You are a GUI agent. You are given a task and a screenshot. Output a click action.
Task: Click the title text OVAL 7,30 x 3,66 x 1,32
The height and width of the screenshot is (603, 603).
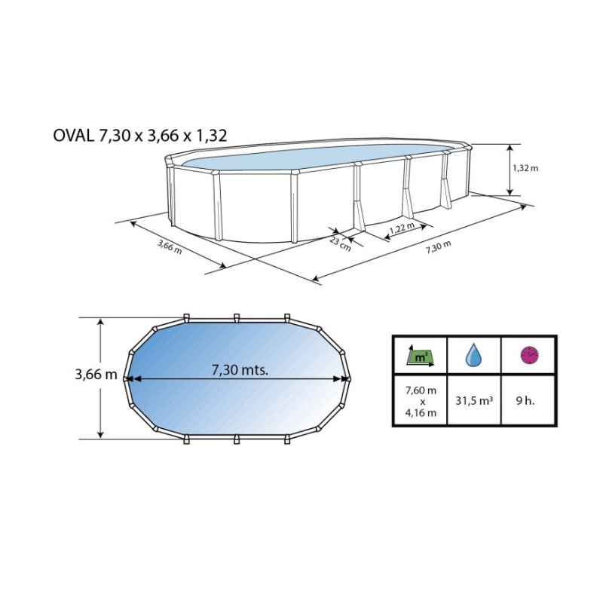[x=140, y=136]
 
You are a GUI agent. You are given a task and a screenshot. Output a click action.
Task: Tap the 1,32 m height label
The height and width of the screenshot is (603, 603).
[x=525, y=168]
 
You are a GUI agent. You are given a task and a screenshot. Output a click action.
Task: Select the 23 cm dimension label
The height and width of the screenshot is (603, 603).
[x=340, y=243]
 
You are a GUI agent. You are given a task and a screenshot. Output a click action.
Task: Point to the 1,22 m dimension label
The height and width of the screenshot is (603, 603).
[x=402, y=228]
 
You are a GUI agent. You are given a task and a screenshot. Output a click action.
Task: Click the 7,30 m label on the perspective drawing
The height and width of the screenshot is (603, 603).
[x=439, y=247]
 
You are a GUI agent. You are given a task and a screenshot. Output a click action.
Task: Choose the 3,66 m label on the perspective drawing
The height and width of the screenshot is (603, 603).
[x=170, y=246]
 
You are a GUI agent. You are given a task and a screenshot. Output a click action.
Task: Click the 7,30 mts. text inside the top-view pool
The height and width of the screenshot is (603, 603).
[x=240, y=369]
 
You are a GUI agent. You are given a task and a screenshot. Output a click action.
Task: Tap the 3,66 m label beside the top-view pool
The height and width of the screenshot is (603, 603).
[x=96, y=374]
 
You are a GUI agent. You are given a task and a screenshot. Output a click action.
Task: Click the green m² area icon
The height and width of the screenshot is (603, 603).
[x=421, y=355]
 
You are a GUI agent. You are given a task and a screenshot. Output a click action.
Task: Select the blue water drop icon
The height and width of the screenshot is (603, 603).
[x=473, y=354]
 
